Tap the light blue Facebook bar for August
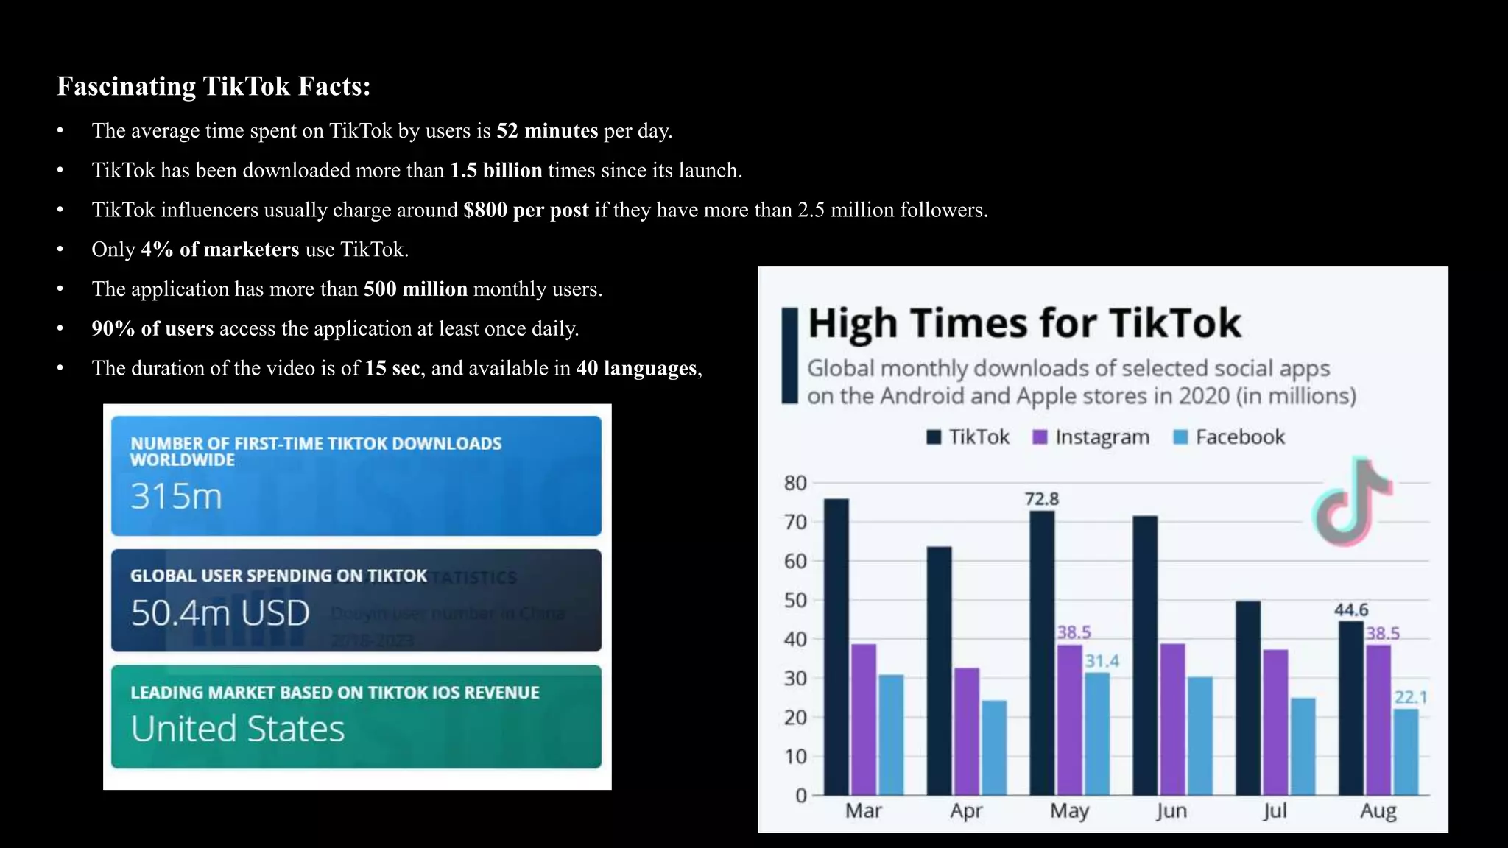[x=1406, y=752]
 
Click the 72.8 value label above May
[x=1042, y=499]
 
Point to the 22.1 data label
[x=1411, y=697]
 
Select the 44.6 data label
[x=1351, y=609]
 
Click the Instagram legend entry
[x=1092, y=437]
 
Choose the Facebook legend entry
[x=1230, y=437]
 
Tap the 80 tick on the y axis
[x=795, y=483]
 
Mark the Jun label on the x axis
[x=1171, y=810]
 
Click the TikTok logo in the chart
[x=1352, y=502]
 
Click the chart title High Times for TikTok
[x=1024, y=323]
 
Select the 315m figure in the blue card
[x=176, y=496]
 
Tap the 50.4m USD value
[x=220, y=612]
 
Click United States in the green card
[x=237, y=729]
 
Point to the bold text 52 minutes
[x=547, y=131]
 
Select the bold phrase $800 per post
[x=526, y=210]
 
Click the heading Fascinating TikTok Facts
[x=214, y=86]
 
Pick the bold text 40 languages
[x=636, y=368]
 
